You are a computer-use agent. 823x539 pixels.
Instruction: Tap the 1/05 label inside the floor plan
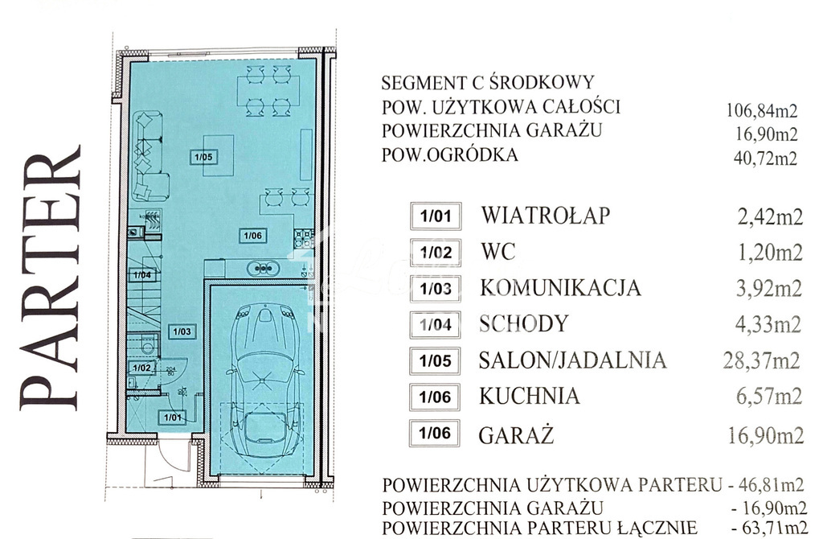click(203, 158)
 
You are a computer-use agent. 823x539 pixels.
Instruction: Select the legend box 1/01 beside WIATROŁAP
click(435, 216)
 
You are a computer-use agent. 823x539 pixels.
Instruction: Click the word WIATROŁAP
click(546, 216)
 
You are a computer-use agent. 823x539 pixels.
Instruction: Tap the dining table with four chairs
click(268, 90)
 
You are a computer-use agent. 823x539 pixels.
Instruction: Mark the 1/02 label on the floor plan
click(142, 368)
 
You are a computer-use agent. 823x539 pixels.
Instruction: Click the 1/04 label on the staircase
click(142, 275)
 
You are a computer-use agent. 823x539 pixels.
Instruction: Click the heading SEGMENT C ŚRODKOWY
click(488, 83)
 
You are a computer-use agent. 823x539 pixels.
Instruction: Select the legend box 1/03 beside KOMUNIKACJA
click(435, 288)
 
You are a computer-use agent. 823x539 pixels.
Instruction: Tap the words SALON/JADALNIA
click(572, 360)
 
